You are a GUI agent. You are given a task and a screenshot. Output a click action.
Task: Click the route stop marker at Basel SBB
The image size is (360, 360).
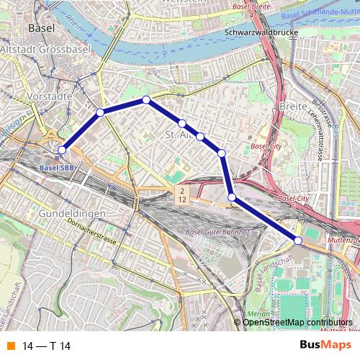click(x=62, y=150)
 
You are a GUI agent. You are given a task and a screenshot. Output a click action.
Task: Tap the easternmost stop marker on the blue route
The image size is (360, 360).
click(x=298, y=240)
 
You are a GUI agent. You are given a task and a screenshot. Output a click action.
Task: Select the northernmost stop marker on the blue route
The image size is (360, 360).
click(x=145, y=99)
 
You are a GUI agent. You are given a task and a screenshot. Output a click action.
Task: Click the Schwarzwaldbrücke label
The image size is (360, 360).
click(x=257, y=32)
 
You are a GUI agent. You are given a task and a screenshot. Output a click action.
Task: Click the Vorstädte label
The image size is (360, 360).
click(x=47, y=95)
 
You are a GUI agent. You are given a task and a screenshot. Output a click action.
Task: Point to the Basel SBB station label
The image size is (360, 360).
click(x=56, y=168)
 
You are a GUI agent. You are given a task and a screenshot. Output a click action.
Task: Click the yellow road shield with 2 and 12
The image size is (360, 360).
click(x=183, y=194)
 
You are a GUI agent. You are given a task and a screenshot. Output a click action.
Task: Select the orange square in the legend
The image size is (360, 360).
click(x=10, y=346)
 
